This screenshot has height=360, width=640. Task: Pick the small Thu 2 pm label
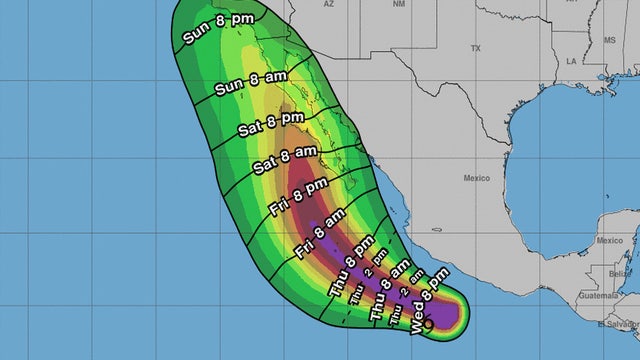359,283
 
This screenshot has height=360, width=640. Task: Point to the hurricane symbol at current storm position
428,324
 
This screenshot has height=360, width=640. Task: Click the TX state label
476,48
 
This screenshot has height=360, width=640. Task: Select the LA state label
571,60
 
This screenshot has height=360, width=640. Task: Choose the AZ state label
328,5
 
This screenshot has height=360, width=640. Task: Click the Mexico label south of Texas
476,177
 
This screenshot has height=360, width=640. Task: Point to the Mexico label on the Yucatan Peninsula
610,240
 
